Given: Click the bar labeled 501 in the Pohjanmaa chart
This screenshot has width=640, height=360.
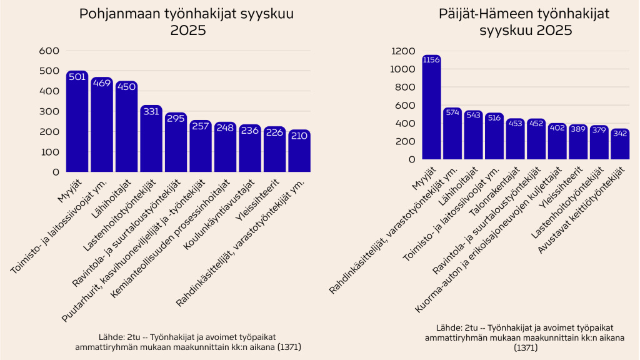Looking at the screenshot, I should click(x=77, y=122).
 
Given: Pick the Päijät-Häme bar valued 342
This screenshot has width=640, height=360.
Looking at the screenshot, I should click(x=620, y=144).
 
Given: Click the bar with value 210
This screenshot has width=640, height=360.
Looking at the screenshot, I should click(x=299, y=151).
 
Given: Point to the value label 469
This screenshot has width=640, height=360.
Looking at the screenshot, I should click(x=101, y=83).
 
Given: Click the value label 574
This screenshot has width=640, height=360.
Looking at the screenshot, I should click(x=452, y=112).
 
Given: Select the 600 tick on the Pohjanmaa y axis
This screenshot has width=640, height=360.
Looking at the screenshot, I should click(x=49, y=51).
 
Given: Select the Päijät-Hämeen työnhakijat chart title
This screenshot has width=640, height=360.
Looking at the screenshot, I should click(x=506, y=22).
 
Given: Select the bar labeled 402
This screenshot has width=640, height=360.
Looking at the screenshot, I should click(x=557, y=142).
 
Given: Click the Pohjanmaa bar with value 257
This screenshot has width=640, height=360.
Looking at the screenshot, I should click(x=200, y=146).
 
